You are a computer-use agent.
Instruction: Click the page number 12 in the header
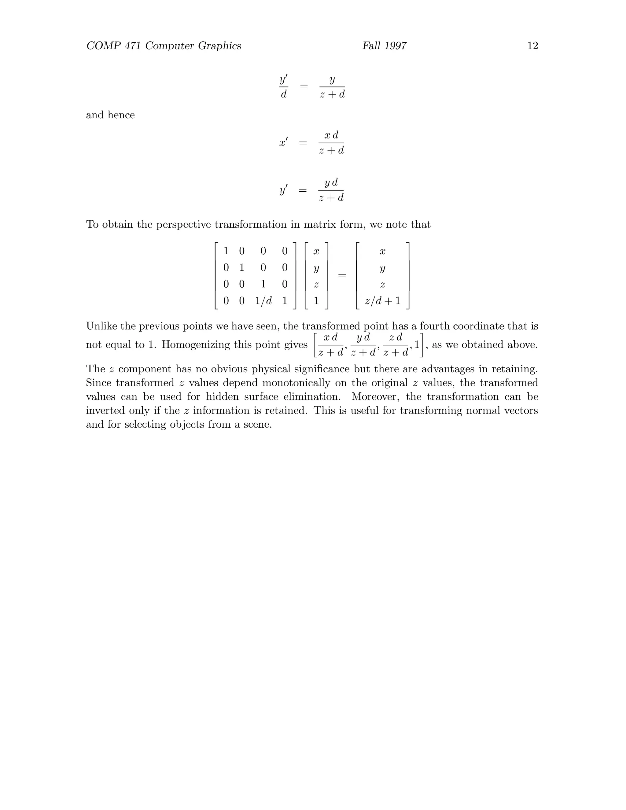[532, 46]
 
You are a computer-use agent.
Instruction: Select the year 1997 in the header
[395, 46]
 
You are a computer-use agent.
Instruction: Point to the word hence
[121, 115]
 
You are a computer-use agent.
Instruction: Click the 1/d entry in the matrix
[263, 301]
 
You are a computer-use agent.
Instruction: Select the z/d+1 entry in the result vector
[383, 301]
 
